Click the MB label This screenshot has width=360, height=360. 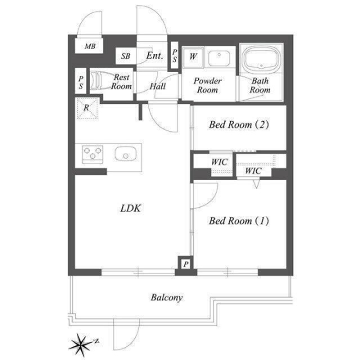(90, 46)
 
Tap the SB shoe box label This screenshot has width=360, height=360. (125, 56)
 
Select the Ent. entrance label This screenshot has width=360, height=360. (155, 55)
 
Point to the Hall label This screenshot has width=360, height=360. (157, 86)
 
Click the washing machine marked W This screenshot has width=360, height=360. (192, 57)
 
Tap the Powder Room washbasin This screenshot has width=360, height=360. (219, 57)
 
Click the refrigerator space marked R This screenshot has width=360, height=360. (88, 109)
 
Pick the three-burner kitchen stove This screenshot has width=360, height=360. (92, 154)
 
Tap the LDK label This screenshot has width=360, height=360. (130, 208)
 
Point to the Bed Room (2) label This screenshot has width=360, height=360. (238, 125)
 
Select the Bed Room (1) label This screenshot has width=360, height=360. (238, 221)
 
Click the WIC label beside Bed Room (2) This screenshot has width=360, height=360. (219, 162)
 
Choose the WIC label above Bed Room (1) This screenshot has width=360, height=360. (253, 170)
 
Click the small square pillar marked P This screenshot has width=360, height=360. (186, 264)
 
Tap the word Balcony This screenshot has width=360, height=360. (167, 298)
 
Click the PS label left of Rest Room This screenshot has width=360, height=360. (80, 82)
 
